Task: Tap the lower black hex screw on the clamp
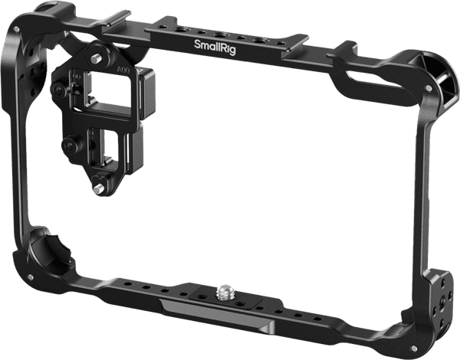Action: [x=71, y=143]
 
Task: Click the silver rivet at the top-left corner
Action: [x=15, y=28]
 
